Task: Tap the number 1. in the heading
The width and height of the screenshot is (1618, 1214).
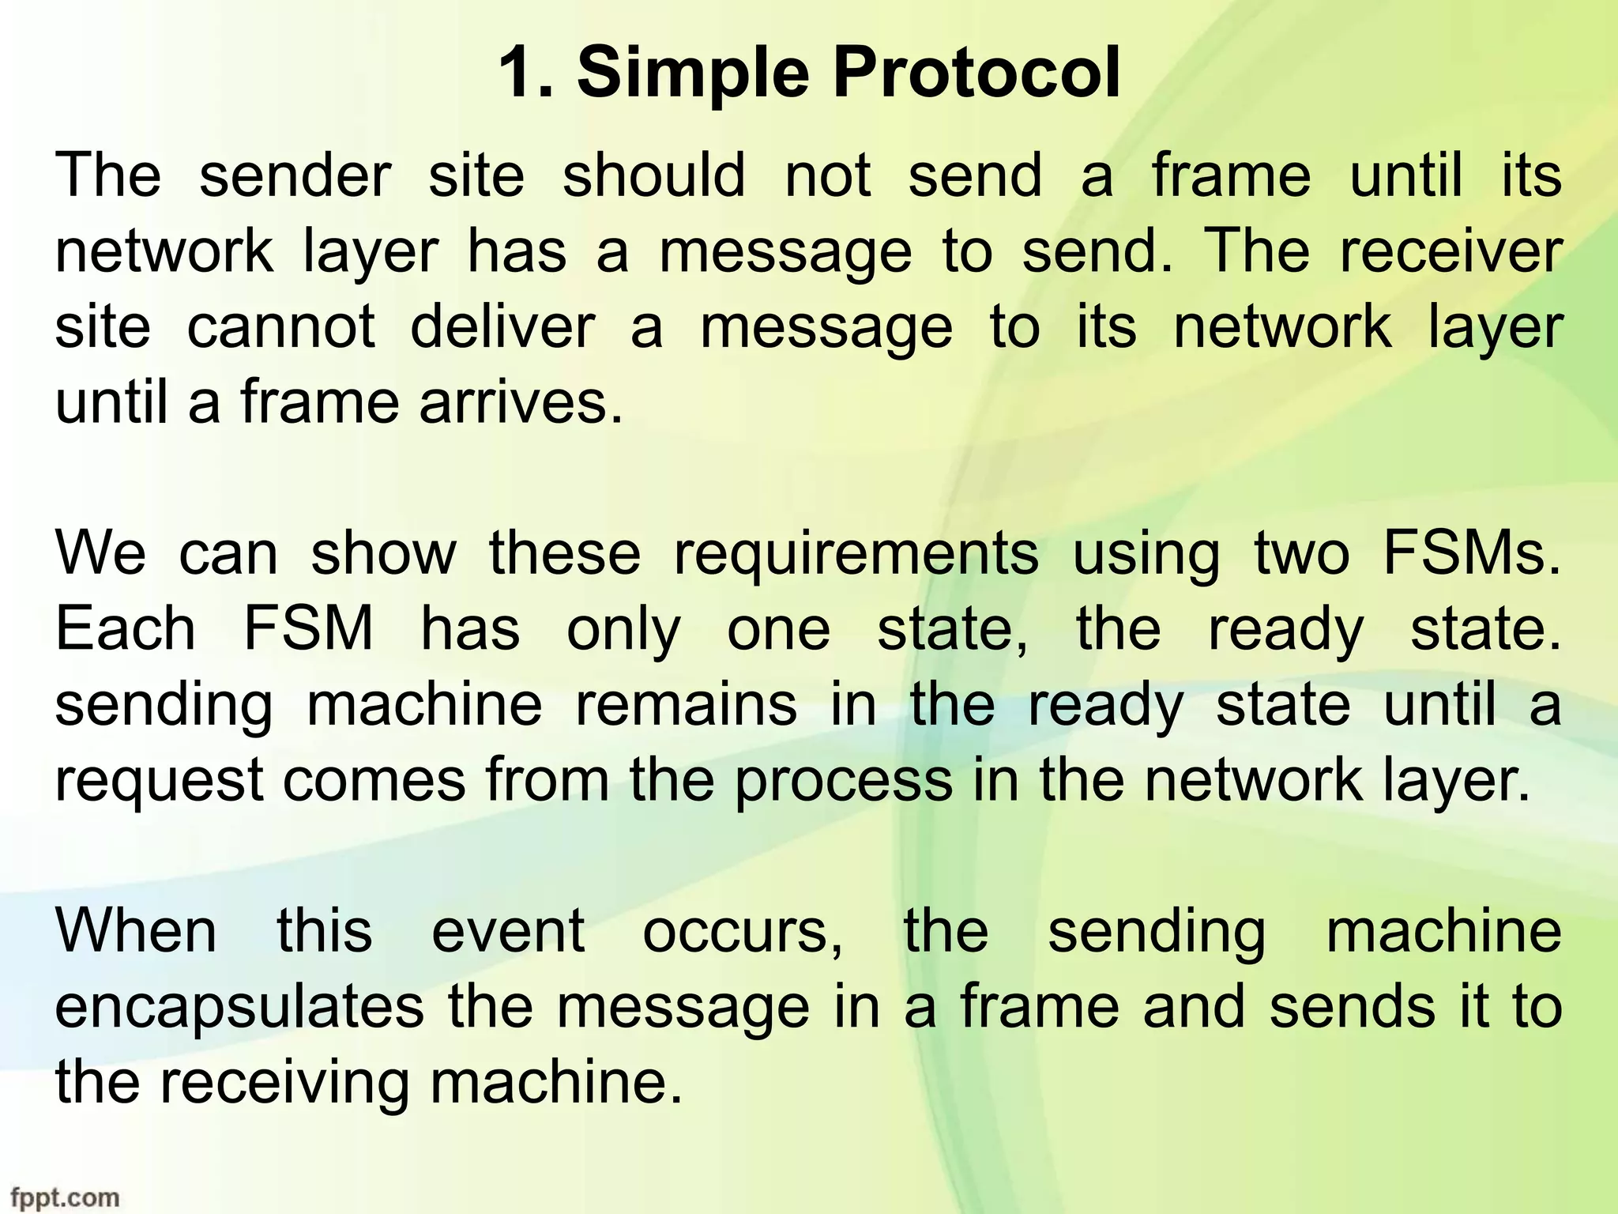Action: click(526, 74)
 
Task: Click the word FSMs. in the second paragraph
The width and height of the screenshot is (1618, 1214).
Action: click(1472, 553)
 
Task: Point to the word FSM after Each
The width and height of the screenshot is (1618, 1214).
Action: click(308, 629)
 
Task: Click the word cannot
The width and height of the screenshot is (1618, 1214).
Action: click(280, 327)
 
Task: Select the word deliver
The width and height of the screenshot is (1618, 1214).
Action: click(502, 327)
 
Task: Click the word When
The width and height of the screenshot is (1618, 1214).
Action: click(136, 931)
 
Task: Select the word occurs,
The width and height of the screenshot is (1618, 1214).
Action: click(743, 933)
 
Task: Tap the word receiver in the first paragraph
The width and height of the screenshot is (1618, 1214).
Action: click(1451, 251)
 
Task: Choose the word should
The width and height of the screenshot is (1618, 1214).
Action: click(653, 175)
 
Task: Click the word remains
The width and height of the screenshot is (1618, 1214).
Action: click(686, 705)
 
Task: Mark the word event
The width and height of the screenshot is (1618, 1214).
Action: click(508, 931)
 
